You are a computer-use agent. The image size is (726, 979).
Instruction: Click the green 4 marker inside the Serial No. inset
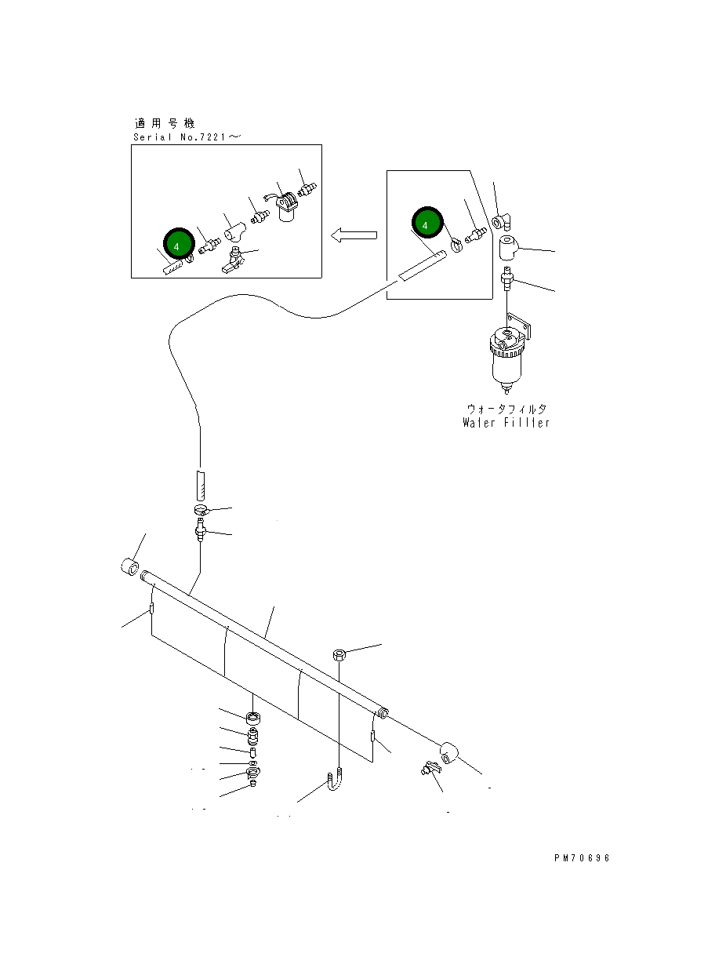[x=177, y=246]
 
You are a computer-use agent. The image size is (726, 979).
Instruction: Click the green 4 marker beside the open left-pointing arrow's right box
[x=426, y=224]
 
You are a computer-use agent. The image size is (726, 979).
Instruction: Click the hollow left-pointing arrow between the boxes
[x=354, y=235]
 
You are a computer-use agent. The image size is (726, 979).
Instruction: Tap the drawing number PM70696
[x=581, y=857]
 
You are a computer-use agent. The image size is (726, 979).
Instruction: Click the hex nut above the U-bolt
[x=338, y=654]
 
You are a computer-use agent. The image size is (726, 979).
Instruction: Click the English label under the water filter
[x=506, y=423]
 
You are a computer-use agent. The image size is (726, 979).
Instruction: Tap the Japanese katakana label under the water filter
[x=506, y=409]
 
